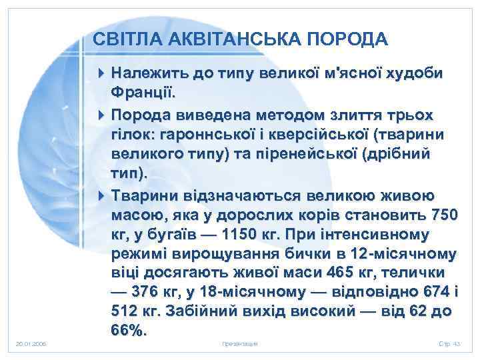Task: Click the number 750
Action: (x=442, y=217)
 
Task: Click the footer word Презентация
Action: (x=239, y=344)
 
